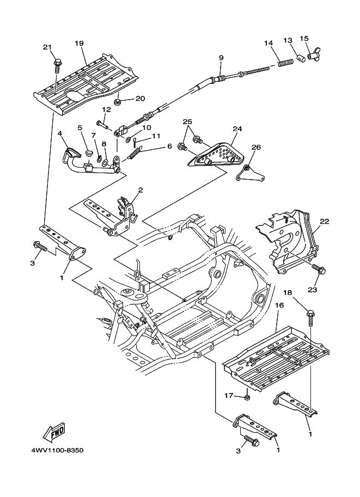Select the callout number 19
79,42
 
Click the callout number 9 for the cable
221,58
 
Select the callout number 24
237,128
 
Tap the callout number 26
256,148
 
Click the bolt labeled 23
318,269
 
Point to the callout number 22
325,221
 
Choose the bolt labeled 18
311,315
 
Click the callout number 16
279,306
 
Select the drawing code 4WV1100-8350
53,451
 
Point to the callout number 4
60,132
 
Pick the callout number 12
106,110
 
